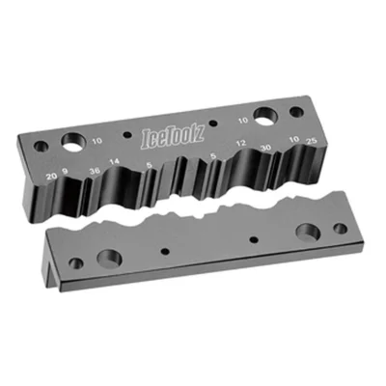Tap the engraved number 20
coord(50,176)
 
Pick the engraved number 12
coord(241,145)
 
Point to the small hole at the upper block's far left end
coord(40,148)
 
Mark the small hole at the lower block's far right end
coord(340,229)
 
